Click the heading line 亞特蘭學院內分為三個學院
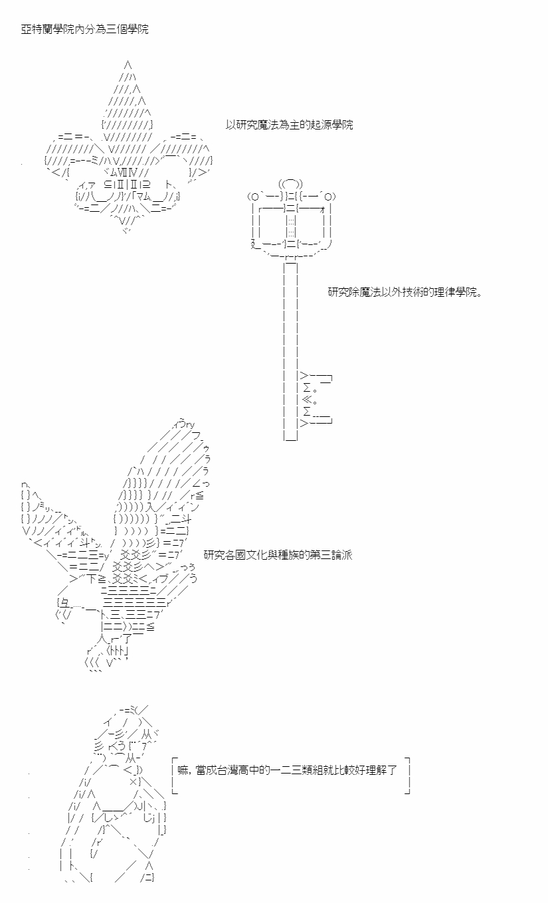click(x=84, y=29)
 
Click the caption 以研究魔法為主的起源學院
click(x=289, y=125)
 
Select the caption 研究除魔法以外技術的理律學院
click(x=405, y=292)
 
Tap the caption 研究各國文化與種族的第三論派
click(x=278, y=555)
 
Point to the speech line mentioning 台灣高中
click(x=287, y=770)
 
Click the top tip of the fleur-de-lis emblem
click(x=128, y=63)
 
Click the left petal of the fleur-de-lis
click(x=74, y=155)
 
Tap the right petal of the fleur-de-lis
click(x=181, y=155)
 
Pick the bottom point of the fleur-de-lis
click(x=127, y=231)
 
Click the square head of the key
click(x=290, y=220)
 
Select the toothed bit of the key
click(x=316, y=400)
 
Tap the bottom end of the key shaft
click(x=291, y=440)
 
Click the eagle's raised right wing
click(x=165, y=484)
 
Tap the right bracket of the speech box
click(x=408, y=776)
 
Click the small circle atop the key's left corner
click(x=254, y=197)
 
